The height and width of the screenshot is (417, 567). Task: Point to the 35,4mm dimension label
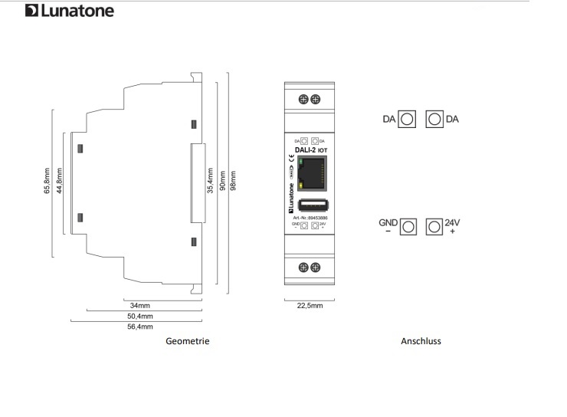pyautogui.click(x=210, y=186)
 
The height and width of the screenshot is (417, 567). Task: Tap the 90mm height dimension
pyautogui.click(x=222, y=186)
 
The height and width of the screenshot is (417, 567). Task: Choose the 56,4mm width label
pyautogui.click(x=139, y=327)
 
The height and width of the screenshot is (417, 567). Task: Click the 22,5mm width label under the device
pyautogui.click(x=310, y=305)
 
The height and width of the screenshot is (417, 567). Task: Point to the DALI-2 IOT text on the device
pyautogui.click(x=310, y=151)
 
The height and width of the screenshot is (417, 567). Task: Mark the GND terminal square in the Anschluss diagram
pyautogui.click(x=408, y=226)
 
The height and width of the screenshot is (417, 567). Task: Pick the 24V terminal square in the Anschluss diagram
pyautogui.click(x=434, y=226)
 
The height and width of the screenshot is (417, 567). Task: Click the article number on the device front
pyautogui.click(x=310, y=218)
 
